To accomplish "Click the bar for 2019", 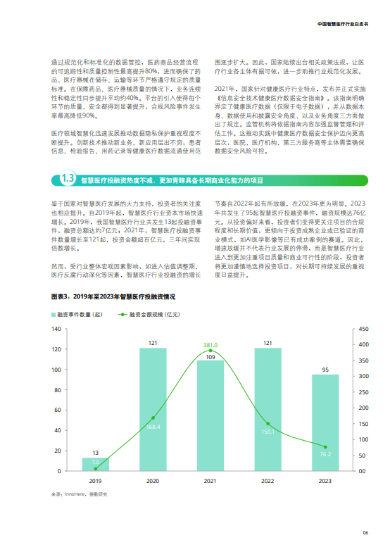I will click(x=96, y=464).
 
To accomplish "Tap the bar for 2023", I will click(x=325, y=422).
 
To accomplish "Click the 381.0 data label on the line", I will click(x=210, y=346).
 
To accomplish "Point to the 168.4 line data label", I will click(x=153, y=427).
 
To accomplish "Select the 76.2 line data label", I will click(x=325, y=454).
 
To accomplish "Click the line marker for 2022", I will click(x=268, y=424).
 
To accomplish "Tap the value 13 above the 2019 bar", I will click(x=96, y=453).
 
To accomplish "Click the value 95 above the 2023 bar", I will click(x=325, y=370).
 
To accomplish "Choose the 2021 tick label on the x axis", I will click(x=210, y=480).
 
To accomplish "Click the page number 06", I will click(x=365, y=532).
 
